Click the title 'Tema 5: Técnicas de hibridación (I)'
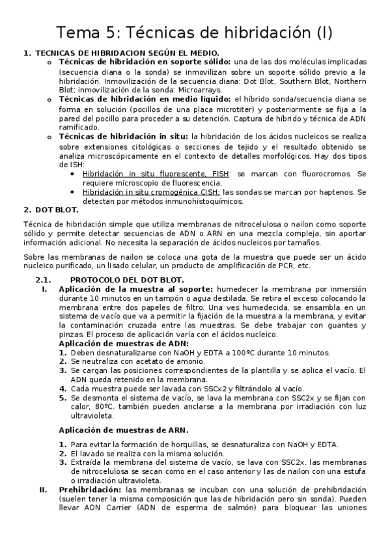tap(195, 32)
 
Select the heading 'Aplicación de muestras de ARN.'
tap(124, 430)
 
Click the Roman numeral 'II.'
tap(43, 489)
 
